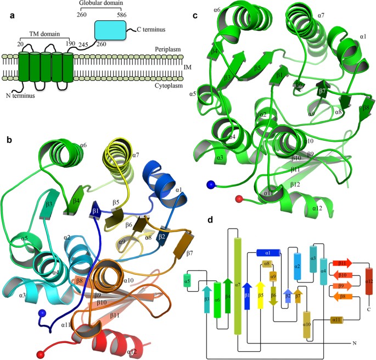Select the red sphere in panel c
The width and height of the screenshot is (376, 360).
[x=238, y=198]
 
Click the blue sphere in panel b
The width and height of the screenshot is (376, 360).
[x=41, y=314]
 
